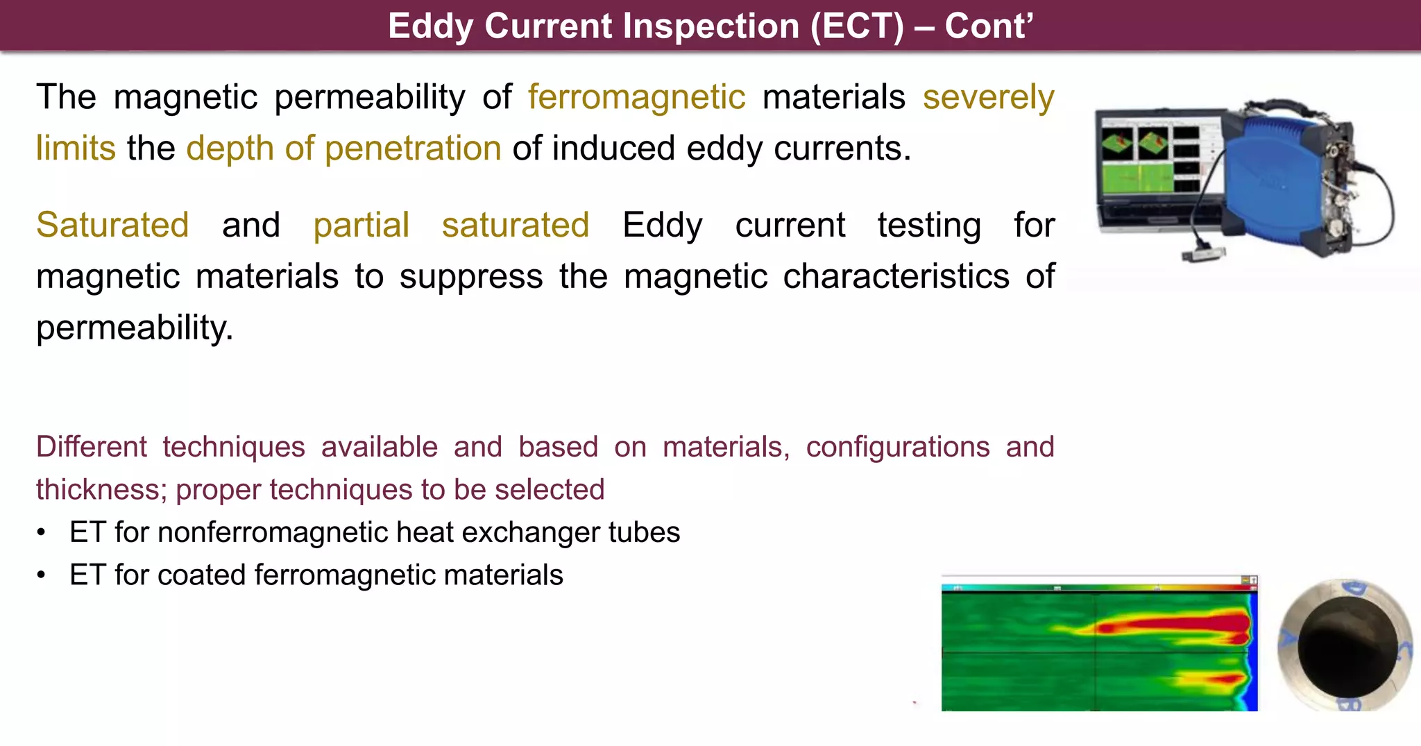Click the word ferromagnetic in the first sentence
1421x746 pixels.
pos(636,97)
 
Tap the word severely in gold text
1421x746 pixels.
pos(988,97)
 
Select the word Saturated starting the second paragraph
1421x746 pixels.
pos(112,226)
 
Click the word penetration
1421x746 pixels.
pos(413,149)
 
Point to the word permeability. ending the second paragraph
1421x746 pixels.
pos(135,328)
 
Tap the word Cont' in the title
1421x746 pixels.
pos(989,26)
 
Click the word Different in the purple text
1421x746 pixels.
pos(91,447)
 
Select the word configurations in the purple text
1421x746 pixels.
pos(898,447)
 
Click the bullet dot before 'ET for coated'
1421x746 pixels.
pos(42,575)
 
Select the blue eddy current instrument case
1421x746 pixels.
pos(1277,180)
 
